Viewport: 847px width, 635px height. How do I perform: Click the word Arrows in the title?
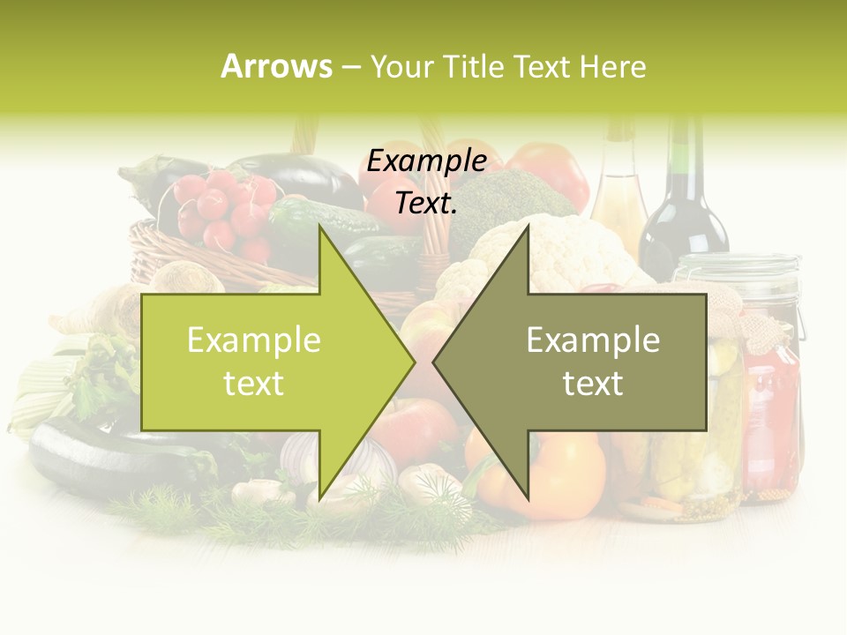coord(276,66)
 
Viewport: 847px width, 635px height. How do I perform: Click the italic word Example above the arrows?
coord(427,161)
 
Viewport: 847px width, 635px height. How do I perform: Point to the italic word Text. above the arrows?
coord(427,203)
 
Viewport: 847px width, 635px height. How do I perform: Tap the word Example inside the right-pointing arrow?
coord(254,340)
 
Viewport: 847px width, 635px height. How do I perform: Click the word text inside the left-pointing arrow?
coord(593,384)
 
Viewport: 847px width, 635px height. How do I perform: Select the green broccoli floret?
coord(507,198)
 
